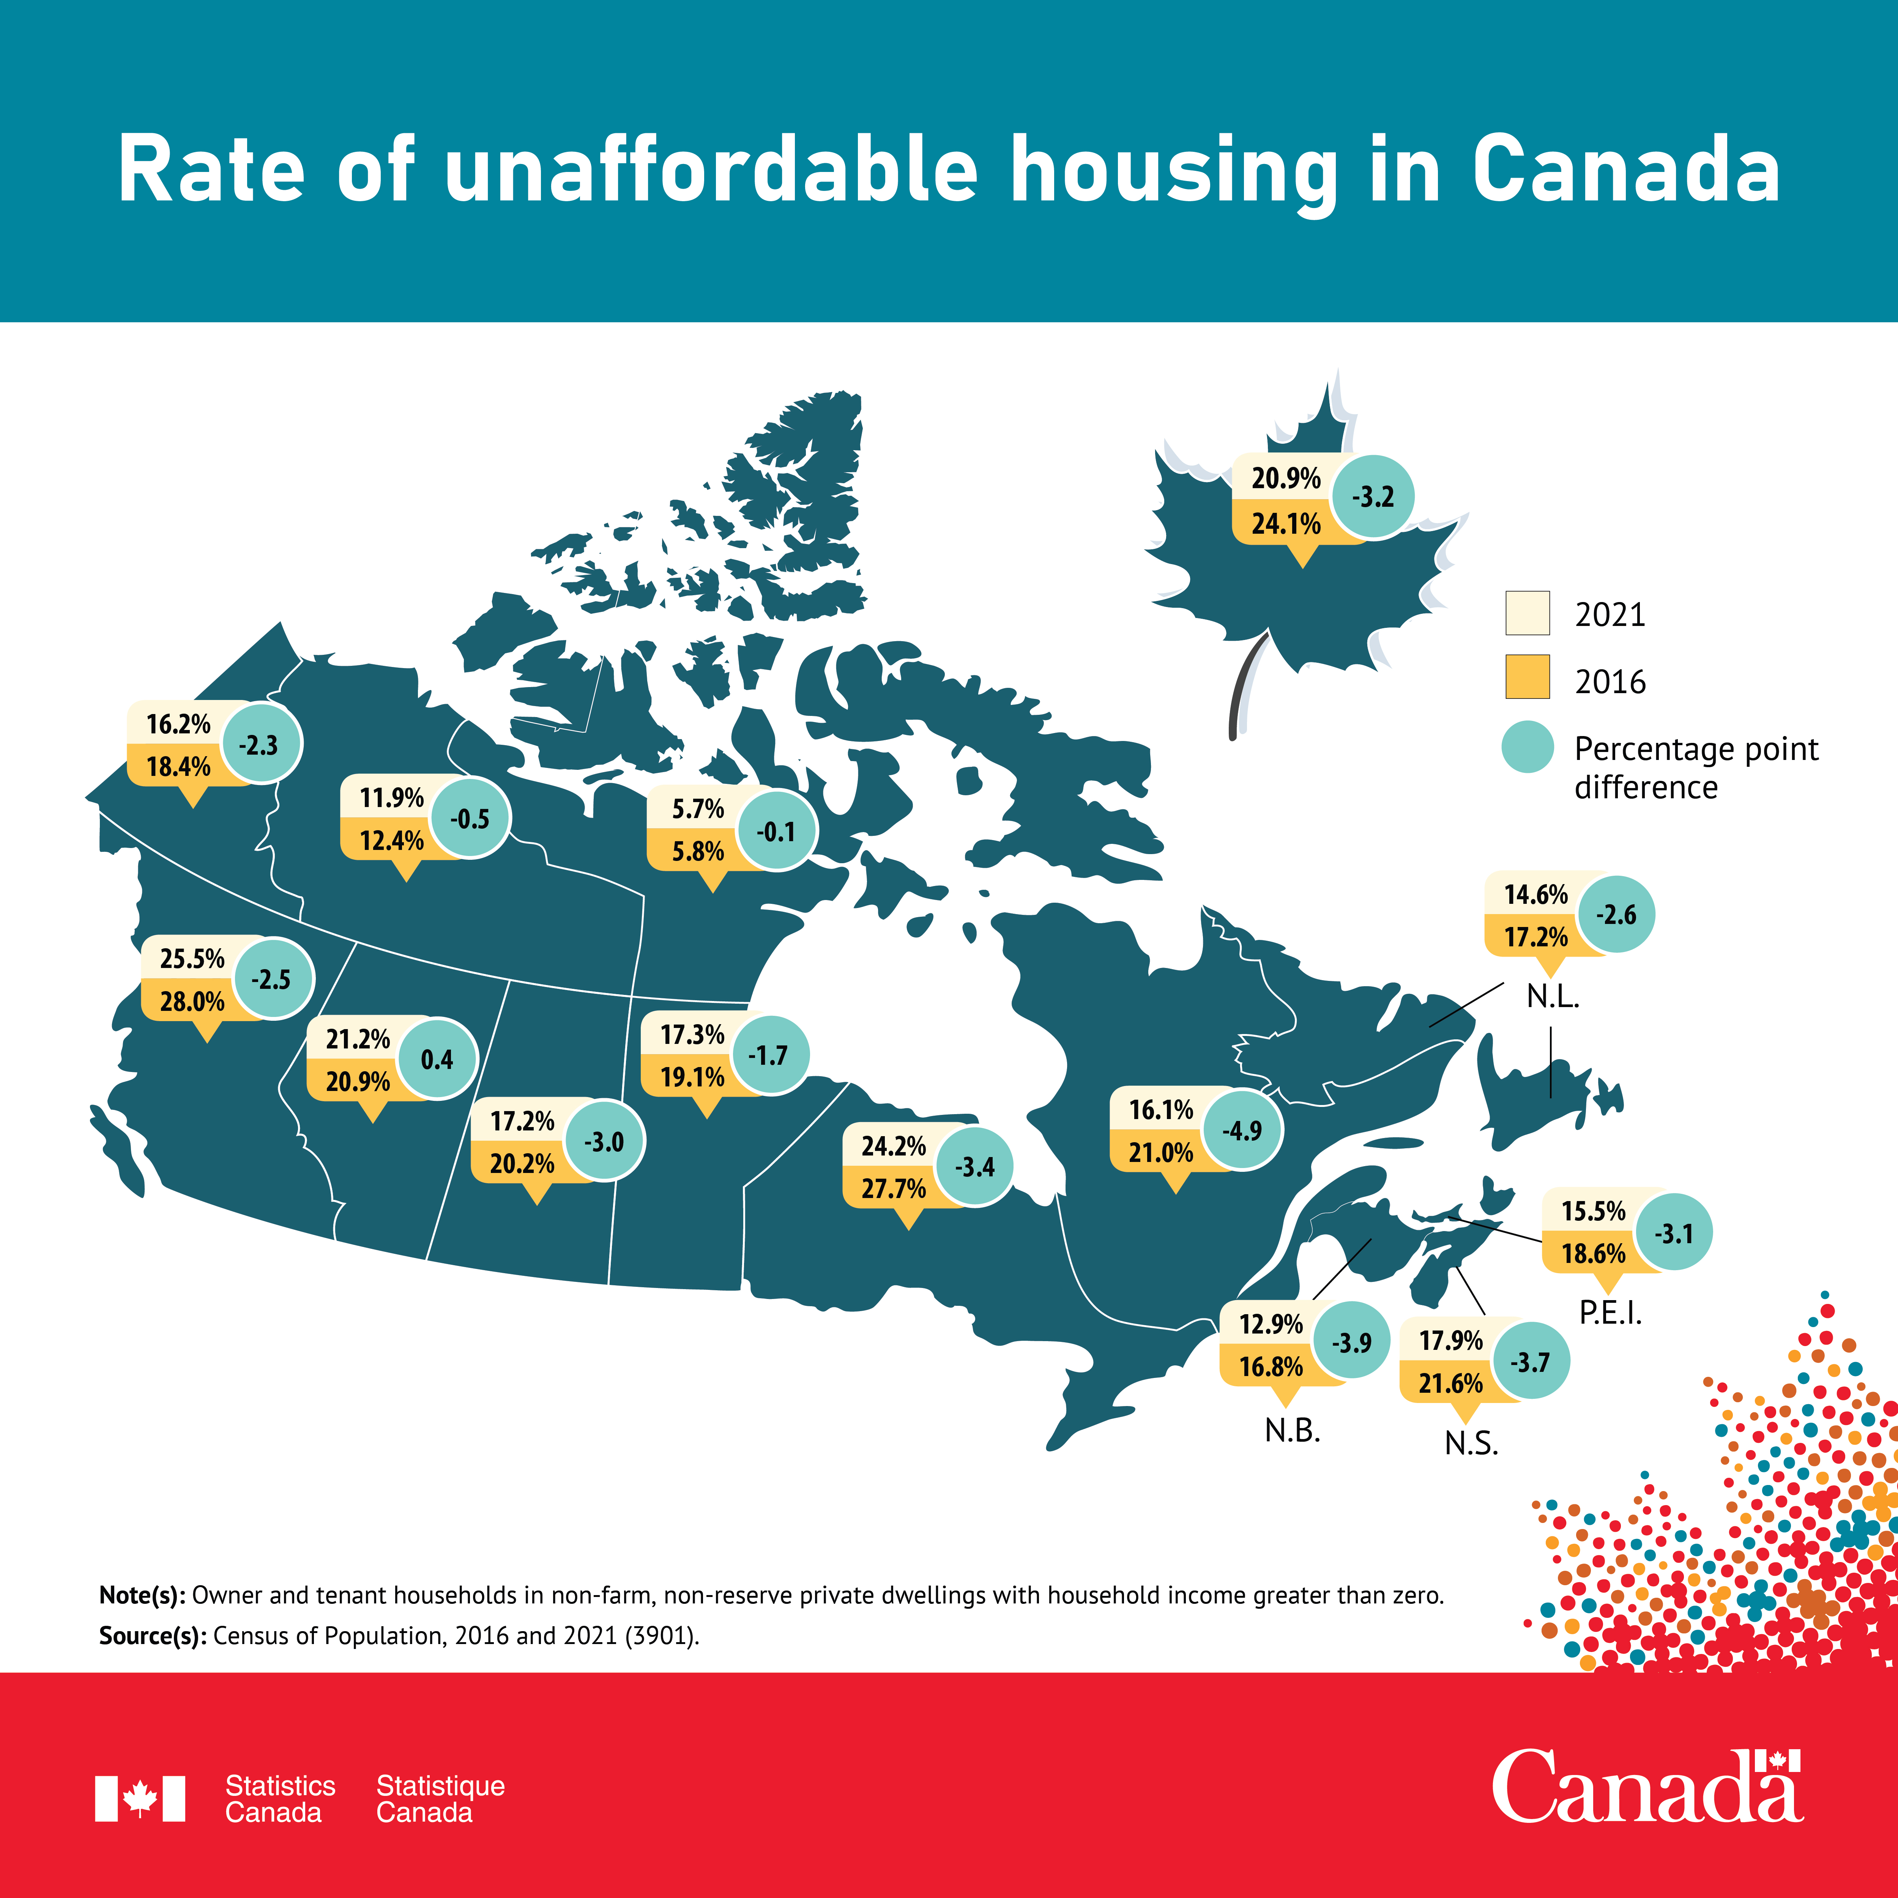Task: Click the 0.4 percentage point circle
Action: pos(437,1059)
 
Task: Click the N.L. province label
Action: pos(1552,997)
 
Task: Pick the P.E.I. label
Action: pos(1610,1313)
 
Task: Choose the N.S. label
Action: pos(1471,1443)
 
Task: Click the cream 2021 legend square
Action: pos(1528,613)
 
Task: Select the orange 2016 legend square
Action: pos(1528,677)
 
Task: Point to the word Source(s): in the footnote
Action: pos(152,1636)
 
